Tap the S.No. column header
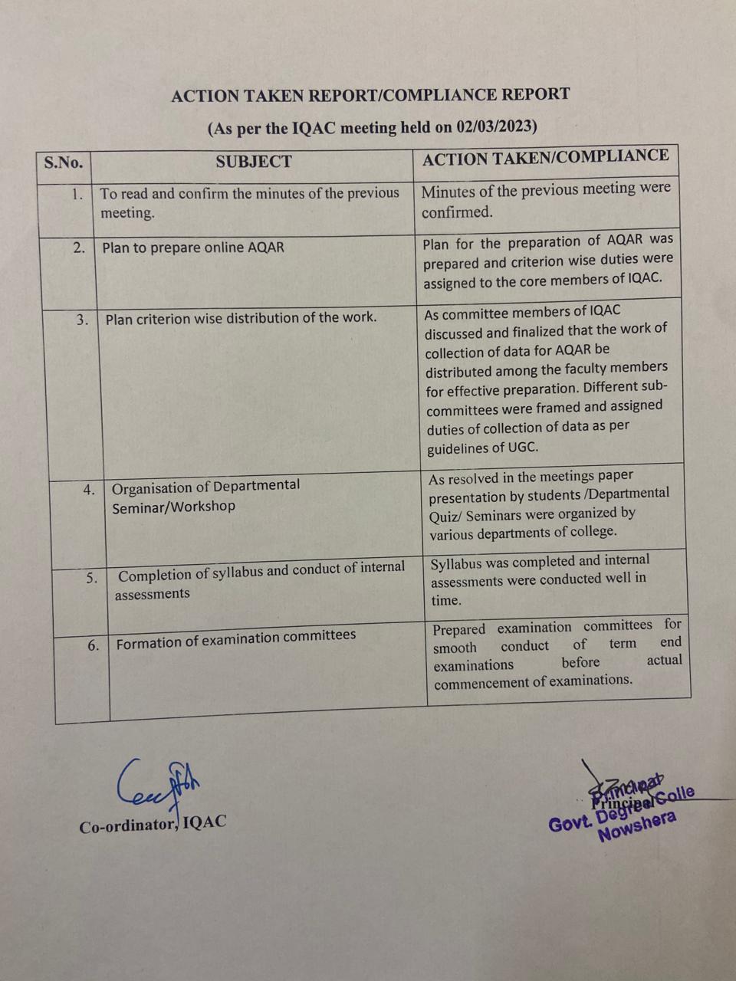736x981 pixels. pyautogui.click(x=64, y=162)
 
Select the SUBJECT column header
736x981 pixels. pyautogui.click(x=253, y=161)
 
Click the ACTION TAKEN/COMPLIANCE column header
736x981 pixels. pyautogui.click(x=545, y=157)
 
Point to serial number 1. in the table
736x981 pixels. pyautogui.click(x=77, y=194)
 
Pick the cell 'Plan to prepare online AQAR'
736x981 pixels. pyautogui.click(x=192, y=248)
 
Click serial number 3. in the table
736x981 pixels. pyautogui.click(x=82, y=320)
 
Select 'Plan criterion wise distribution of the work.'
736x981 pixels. pyautogui.click(x=241, y=317)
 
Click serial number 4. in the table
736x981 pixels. pyautogui.click(x=89, y=490)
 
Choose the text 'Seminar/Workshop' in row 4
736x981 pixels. pyautogui.click(x=173, y=507)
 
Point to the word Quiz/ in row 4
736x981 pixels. pyautogui.click(x=445, y=516)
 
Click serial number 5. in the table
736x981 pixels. pyautogui.click(x=92, y=578)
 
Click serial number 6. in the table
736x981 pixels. pyautogui.click(x=94, y=645)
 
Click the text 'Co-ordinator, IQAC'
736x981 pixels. pyautogui.click(x=153, y=824)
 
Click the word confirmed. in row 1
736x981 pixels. pyautogui.click(x=457, y=212)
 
